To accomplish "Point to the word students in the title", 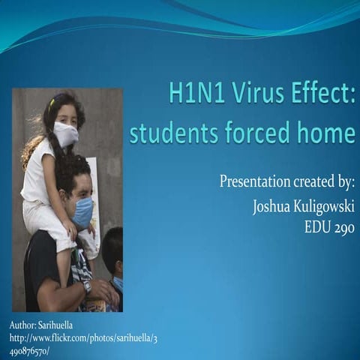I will click(x=172, y=134).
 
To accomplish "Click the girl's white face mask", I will click(x=66, y=134).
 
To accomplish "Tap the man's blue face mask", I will click(x=82, y=211).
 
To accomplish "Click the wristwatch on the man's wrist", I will click(x=87, y=286).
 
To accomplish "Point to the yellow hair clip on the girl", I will click(x=52, y=103).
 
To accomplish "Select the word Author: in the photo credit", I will click(x=25, y=324).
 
